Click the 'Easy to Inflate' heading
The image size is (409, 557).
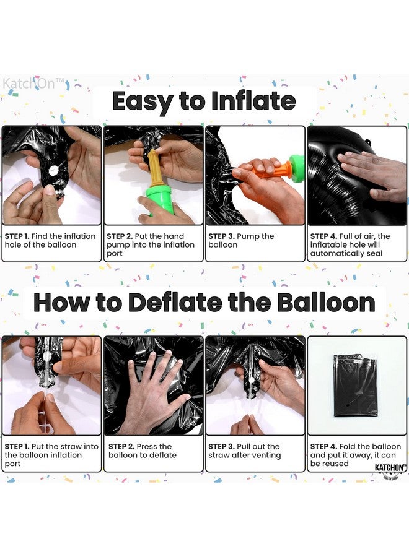coord(204,101)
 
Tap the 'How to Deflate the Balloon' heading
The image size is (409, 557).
coord(204,303)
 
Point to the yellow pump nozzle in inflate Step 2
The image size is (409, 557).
coord(154,167)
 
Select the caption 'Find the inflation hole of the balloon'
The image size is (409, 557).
coord(50,240)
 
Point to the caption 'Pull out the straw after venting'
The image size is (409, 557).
coord(244,451)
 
